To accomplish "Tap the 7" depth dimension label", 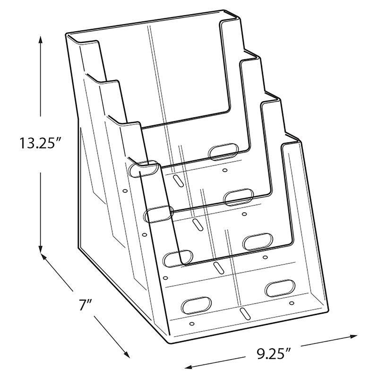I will [86, 305].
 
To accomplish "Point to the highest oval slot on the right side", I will [223, 151].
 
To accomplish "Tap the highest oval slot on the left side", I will [143, 169].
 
